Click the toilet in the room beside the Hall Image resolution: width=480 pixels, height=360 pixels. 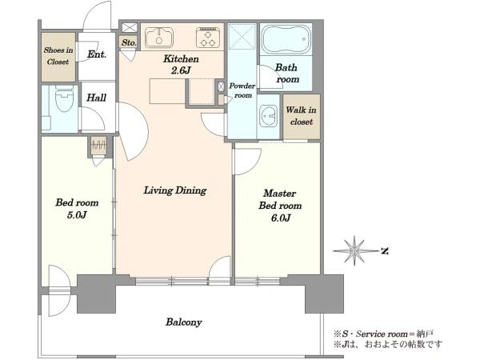(64, 98)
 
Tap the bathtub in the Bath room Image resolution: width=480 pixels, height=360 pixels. (286, 39)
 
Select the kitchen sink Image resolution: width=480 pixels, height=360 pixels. (159, 38)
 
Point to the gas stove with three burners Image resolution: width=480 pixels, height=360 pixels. (208, 38)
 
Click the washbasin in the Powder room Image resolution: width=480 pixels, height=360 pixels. (268, 116)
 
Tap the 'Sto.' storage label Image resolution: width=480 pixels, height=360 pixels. (129, 42)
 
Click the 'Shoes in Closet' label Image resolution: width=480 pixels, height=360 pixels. (58, 56)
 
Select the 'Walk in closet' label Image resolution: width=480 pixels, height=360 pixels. (302, 116)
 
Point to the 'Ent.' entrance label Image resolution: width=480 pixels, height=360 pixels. (97, 54)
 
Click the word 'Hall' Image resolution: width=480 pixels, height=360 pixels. (97, 98)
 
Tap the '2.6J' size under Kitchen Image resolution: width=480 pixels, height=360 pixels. (181, 70)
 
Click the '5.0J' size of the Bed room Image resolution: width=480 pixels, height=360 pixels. (77, 215)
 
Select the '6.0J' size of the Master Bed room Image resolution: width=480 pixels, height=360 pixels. (281, 218)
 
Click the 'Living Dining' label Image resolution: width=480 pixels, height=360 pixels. (175, 190)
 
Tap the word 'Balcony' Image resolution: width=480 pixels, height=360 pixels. (184, 322)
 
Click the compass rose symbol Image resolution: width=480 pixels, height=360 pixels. (354, 251)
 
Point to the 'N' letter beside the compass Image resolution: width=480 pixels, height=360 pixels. (385, 251)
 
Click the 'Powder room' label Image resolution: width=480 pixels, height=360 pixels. (242, 90)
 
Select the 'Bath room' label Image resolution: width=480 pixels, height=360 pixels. (287, 73)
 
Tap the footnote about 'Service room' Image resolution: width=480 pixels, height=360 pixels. (383, 334)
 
